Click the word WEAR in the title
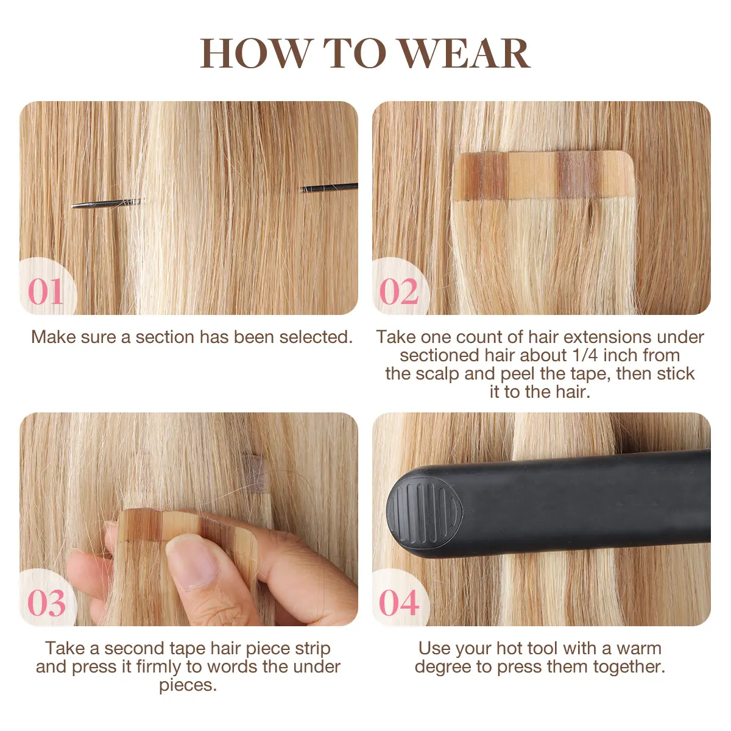coord(465,53)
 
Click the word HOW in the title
coord(255,53)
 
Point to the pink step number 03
coord(46,603)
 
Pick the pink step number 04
coord(399,603)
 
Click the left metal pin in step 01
coord(106,203)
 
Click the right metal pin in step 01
coord(330,188)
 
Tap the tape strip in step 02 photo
coord(543,175)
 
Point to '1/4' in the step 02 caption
coord(585,355)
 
